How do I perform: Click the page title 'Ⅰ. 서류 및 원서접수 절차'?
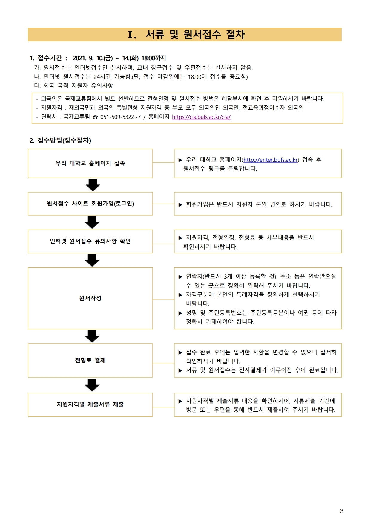[186, 35]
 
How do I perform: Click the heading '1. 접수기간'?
[46, 58]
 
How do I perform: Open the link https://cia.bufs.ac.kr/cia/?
[201, 117]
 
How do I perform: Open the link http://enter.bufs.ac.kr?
[271, 160]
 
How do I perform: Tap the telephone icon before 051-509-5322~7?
[95, 117]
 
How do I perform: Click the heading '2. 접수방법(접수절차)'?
[60, 140]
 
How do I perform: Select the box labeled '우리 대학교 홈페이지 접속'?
[90, 163]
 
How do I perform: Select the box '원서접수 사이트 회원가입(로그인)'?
[90, 204]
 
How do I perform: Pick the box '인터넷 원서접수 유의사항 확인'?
[90, 241]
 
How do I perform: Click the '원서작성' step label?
[90, 298]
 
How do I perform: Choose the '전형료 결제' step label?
[90, 360]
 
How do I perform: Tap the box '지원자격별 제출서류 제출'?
[90, 404]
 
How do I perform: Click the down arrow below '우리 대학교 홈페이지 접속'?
[93, 185]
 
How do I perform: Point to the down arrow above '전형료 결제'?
[92, 336]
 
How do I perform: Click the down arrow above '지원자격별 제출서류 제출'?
[92, 385]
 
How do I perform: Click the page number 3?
[342, 511]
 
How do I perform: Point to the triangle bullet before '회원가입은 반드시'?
[180, 205]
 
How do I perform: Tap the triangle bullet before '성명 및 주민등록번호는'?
[180, 313]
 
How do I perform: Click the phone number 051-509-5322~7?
[120, 117]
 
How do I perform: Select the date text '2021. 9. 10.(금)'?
[93, 58]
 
